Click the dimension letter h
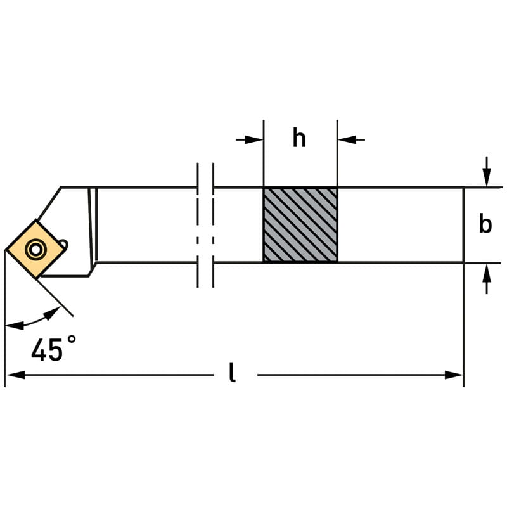point(299,138)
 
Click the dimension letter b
point(485,223)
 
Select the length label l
point(231,372)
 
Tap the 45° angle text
point(54,348)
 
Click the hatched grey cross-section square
point(300,225)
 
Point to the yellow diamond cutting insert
point(35,249)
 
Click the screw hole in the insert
point(35,249)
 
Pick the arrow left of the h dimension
point(250,139)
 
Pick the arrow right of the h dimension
point(351,139)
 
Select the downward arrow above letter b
point(487,172)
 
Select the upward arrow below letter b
point(487,278)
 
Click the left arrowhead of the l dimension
point(15,375)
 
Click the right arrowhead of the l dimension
point(454,375)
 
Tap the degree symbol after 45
point(72,340)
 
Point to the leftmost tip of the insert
point(6,250)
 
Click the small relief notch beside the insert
point(63,243)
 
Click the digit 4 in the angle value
point(39,349)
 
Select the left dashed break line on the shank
point(198,225)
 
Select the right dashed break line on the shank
point(213,225)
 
